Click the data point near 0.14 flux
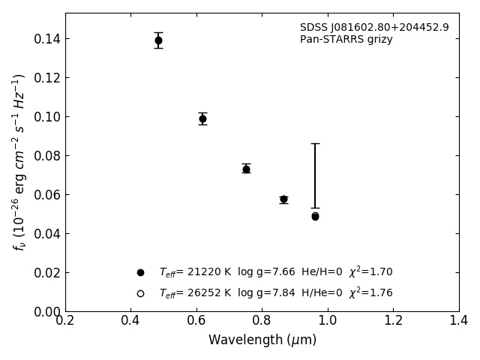click(x=158, y=40)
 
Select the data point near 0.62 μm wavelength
click(x=202, y=118)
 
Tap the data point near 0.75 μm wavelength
click(x=246, y=169)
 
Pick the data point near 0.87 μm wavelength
click(x=283, y=199)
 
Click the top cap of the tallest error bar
click(x=315, y=143)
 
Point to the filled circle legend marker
click(x=140, y=272)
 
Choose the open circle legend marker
click(x=140, y=293)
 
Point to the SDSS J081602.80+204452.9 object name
click(x=374, y=28)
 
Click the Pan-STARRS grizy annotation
click(x=346, y=40)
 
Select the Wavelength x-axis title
click(x=262, y=340)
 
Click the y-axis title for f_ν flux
click(x=19, y=161)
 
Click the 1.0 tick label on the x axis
click(x=328, y=321)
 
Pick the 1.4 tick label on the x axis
click(x=459, y=321)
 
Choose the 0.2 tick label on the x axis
click(x=65, y=321)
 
